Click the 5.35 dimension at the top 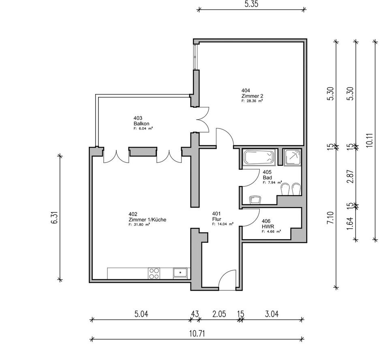[252, 4]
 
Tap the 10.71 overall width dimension [197, 333]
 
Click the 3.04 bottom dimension [271, 314]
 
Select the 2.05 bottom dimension [219, 314]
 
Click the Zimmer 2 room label [250, 96]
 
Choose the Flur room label [216, 219]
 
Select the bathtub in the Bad [259, 157]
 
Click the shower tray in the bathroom [293, 157]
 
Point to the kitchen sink [180, 272]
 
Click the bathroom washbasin [255, 199]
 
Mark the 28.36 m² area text [252, 101]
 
